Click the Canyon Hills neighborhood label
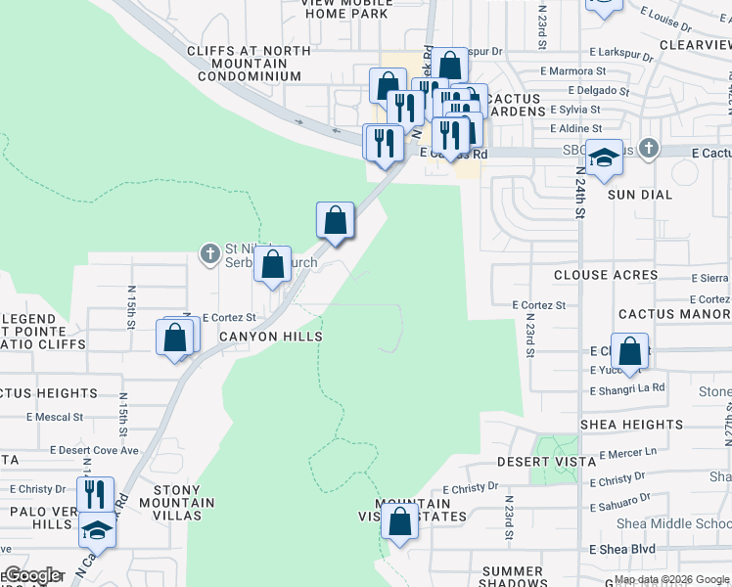pyautogui.click(x=271, y=337)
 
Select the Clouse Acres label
pyautogui.click(x=606, y=275)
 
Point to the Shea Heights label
pyautogui.click(x=631, y=425)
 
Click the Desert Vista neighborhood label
pyautogui.click(x=546, y=461)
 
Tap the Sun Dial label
pyautogui.click(x=640, y=195)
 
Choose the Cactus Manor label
pyautogui.click(x=674, y=314)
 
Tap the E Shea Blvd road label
pyautogui.click(x=621, y=550)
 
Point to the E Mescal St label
pyautogui.click(x=55, y=417)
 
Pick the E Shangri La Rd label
pyautogui.click(x=627, y=388)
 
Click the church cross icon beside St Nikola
pyautogui.click(x=209, y=254)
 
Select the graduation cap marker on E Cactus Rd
pyautogui.click(x=605, y=157)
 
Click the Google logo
pyautogui.click(x=32, y=575)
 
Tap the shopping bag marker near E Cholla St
pyautogui.click(x=632, y=350)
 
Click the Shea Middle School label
pyautogui.click(x=673, y=523)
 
